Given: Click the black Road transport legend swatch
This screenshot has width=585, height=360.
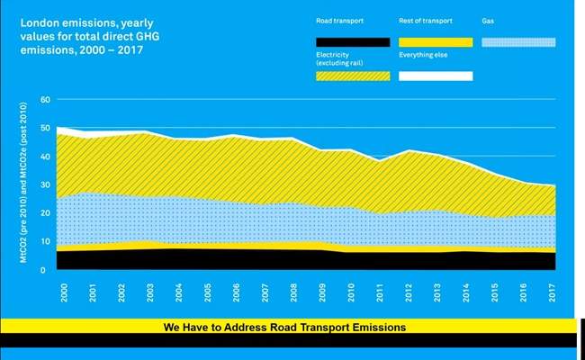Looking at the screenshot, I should [x=353, y=41].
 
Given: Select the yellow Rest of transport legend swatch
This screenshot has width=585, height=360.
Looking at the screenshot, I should [x=436, y=41].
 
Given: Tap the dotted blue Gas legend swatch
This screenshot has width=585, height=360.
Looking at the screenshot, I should [x=518, y=41].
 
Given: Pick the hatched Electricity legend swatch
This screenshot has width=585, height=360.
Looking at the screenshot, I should [x=353, y=76].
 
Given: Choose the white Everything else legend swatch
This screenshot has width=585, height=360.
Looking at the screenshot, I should [x=436, y=76].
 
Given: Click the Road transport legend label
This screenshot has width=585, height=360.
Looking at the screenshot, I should [x=340, y=19].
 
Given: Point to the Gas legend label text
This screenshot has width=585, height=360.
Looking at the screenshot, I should [x=489, y=19].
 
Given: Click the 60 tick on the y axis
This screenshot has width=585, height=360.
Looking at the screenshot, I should [x=46, y=99].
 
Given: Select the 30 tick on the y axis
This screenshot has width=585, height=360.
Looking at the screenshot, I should [x=46, y=184].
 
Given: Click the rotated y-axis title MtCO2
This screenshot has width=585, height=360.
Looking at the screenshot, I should [x=23, y=184].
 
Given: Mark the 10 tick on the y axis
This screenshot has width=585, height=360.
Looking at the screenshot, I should [x=46, y=240].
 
